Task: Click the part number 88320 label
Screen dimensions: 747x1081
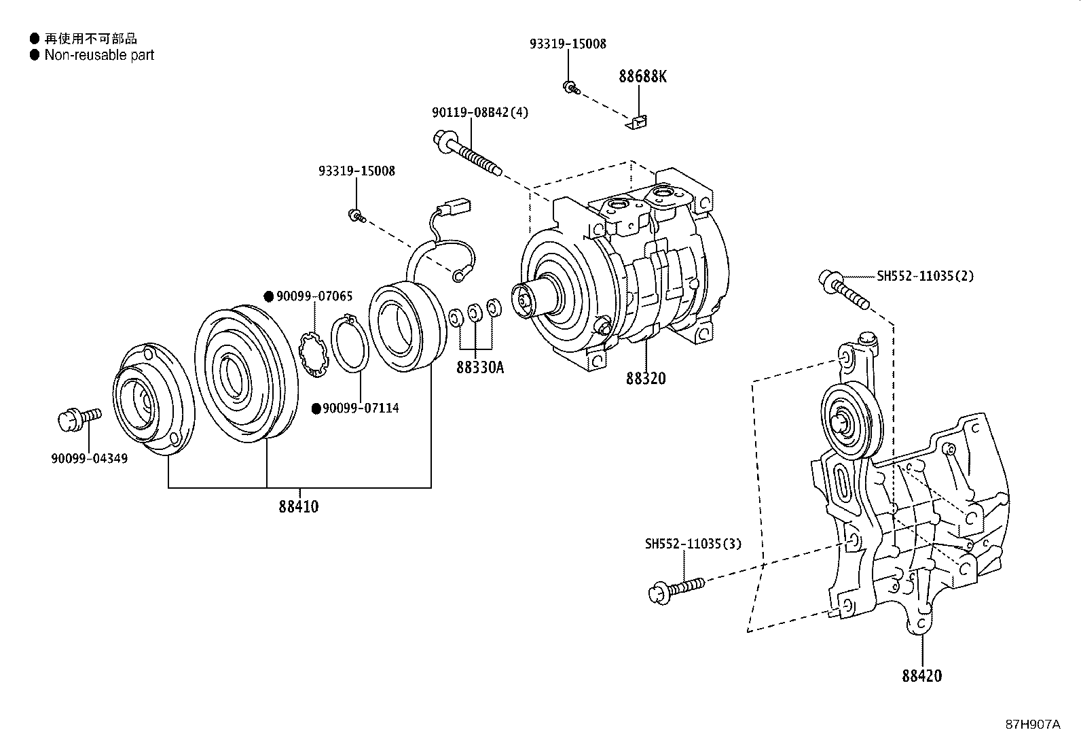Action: coord(645,379)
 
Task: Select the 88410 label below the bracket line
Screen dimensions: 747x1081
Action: coord(297,506)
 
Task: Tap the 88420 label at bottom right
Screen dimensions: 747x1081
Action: coord(921,676)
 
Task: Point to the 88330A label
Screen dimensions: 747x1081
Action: coord(479,368)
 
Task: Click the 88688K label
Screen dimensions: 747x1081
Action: coord(642,76)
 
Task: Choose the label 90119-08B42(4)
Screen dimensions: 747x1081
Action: coord(479,113)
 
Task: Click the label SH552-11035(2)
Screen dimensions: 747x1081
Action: coord(925,276)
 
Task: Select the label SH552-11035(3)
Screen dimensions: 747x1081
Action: coord(693,544)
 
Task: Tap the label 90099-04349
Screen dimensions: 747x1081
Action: coord(89,458)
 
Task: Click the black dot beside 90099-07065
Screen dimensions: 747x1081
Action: coord(269,296)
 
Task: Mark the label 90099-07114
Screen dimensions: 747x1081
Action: coord(360,408)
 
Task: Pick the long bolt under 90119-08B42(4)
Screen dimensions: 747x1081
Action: coord(469,155)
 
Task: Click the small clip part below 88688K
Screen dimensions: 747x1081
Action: coord(636,122)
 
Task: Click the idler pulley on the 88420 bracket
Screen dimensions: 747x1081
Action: coord(849,421)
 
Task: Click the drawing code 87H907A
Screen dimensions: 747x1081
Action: coord(1032,725)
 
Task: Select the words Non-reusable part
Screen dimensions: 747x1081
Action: coord(99,55)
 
